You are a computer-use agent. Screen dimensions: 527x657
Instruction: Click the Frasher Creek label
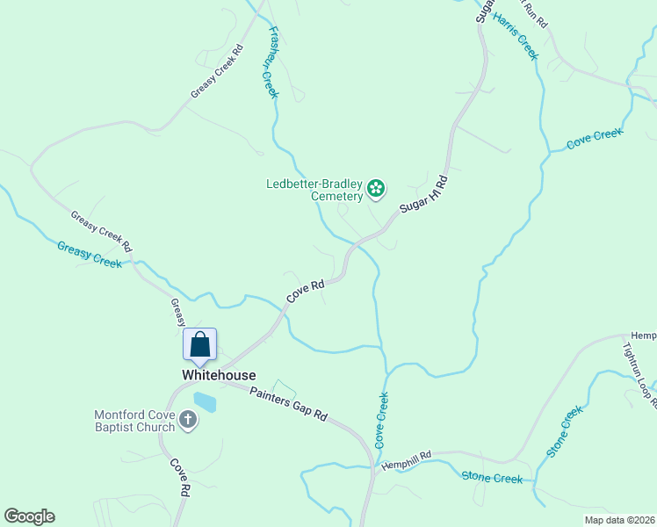(x=268, y=61)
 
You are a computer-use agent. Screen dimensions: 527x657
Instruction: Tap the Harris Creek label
(x=516, y=35)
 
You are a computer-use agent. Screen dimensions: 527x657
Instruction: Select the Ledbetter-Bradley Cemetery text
(x=314, y=190)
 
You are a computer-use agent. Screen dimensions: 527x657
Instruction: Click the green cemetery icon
(x=376, y=188)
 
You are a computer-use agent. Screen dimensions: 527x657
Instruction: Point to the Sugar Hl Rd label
(x=424, y=194)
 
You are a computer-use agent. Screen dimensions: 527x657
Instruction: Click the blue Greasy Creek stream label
(x=90, y=255)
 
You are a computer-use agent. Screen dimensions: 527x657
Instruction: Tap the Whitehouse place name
(x=219, y=375)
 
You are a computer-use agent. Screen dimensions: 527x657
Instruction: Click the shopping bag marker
(x=199, y=343)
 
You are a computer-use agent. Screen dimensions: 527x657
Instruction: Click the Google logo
(x=29, y=516)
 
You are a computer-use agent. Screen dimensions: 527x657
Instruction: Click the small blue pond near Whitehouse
(x=205, y=402)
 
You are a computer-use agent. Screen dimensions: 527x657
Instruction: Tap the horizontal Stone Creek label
(x=492, y=478)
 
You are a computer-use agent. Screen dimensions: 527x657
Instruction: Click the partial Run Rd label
(x=535, y=12)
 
